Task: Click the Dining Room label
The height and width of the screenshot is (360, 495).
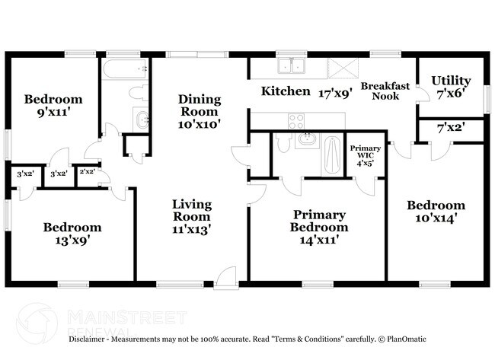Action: tap(200, 111)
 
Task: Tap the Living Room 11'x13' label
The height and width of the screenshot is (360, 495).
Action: tap(192, 217)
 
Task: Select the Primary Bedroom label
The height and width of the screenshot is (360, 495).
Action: tap(319, 227)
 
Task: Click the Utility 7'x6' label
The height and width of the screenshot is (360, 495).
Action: tap(451, 87)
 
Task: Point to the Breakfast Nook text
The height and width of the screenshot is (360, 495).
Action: tap(385, 91)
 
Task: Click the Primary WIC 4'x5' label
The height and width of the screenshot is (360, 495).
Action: tap(366, 155)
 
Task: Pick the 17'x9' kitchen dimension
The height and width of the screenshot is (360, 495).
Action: tap(335, 94)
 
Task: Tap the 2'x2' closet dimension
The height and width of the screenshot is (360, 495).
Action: tap(88, 172)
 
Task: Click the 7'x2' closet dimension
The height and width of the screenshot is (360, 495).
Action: tap(451, 129)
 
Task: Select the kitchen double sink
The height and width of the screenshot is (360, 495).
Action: tap(292, 65)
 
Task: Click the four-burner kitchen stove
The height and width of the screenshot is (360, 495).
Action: tap(296, 121)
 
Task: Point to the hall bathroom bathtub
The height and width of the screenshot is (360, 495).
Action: tap(125, 68)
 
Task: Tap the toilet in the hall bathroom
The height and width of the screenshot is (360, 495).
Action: tap(139, 93)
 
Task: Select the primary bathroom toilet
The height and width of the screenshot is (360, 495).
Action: tap(283, 142)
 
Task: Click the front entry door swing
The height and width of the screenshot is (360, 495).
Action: tap(225, 278)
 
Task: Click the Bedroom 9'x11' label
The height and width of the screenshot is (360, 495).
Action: tap(53, 105)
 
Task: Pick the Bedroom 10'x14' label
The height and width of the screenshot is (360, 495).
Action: tap(436, 212)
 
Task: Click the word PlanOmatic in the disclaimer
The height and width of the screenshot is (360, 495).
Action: tap(407, 339)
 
